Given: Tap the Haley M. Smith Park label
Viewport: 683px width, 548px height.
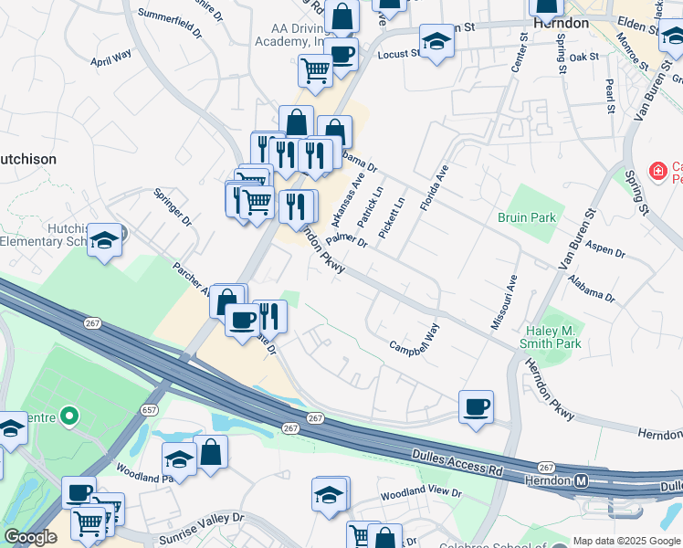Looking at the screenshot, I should pos(552,337).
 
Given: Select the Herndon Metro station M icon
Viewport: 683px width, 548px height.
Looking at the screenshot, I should pos(579,480).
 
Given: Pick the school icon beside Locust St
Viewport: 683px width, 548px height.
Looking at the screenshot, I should pos(436,42).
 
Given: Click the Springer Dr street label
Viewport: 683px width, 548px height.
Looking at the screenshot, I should pos(173,208).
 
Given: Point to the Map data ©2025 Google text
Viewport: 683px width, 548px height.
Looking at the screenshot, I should pos(626,541).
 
